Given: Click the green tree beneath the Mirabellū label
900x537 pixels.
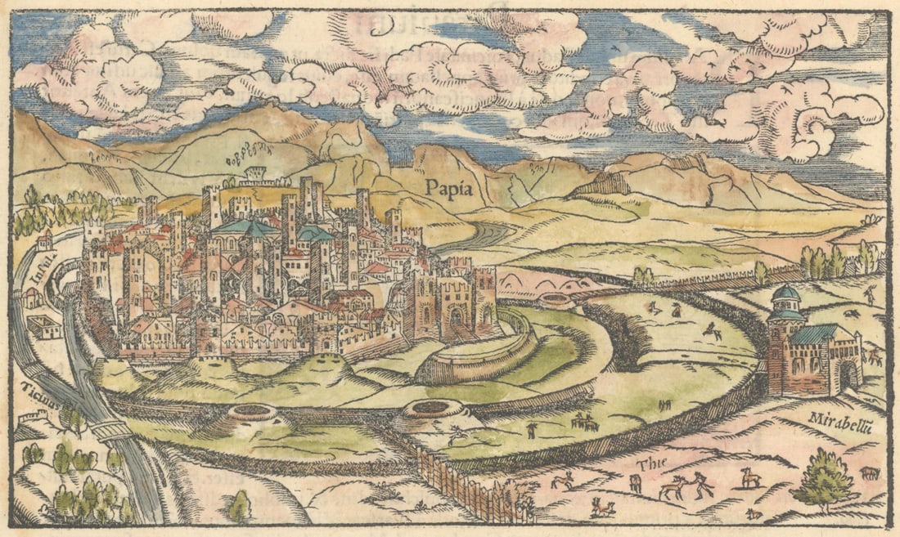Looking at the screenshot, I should coord(824,481).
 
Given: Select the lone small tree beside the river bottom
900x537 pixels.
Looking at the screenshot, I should coord(239,506).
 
